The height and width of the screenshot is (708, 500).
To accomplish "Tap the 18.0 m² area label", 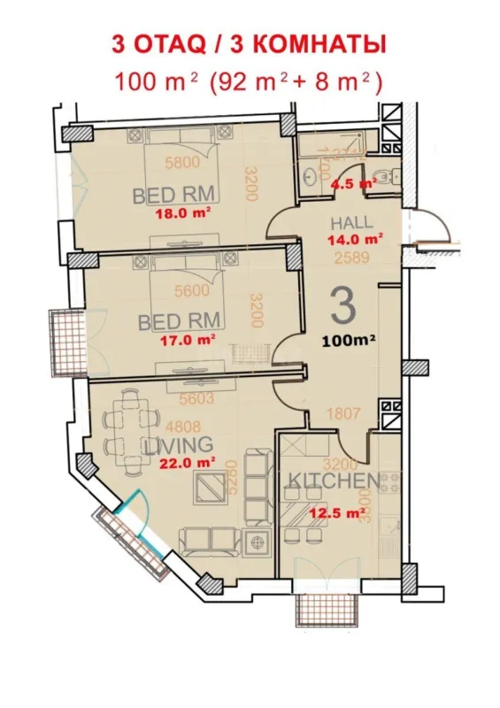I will point(178,212).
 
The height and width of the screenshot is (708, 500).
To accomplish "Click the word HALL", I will point(351,222).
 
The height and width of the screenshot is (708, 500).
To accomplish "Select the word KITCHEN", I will point(335,482).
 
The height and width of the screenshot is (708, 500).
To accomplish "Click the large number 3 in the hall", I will point(342,306).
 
